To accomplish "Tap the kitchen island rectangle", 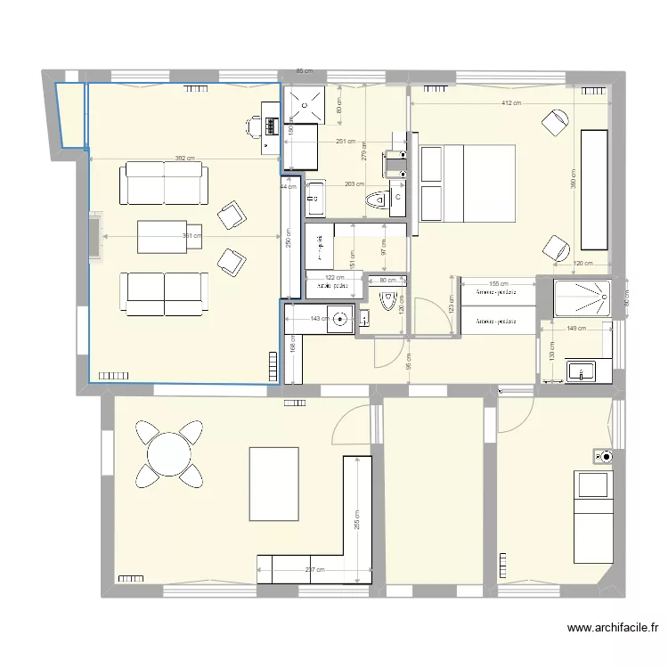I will coord(273,484).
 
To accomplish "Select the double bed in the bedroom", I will coord(468,183).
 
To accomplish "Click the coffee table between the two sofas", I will coord(161,236).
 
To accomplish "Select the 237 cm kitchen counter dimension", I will coord(314,571).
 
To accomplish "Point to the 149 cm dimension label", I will coord(575,329).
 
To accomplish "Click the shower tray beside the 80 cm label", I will coord(581,298).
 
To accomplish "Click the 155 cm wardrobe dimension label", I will coord(498,283).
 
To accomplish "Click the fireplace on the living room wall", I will coord(94,237).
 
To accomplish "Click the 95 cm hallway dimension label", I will coord(409,363).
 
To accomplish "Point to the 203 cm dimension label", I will coord(354,184).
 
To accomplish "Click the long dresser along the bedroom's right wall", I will coord(594,190).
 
